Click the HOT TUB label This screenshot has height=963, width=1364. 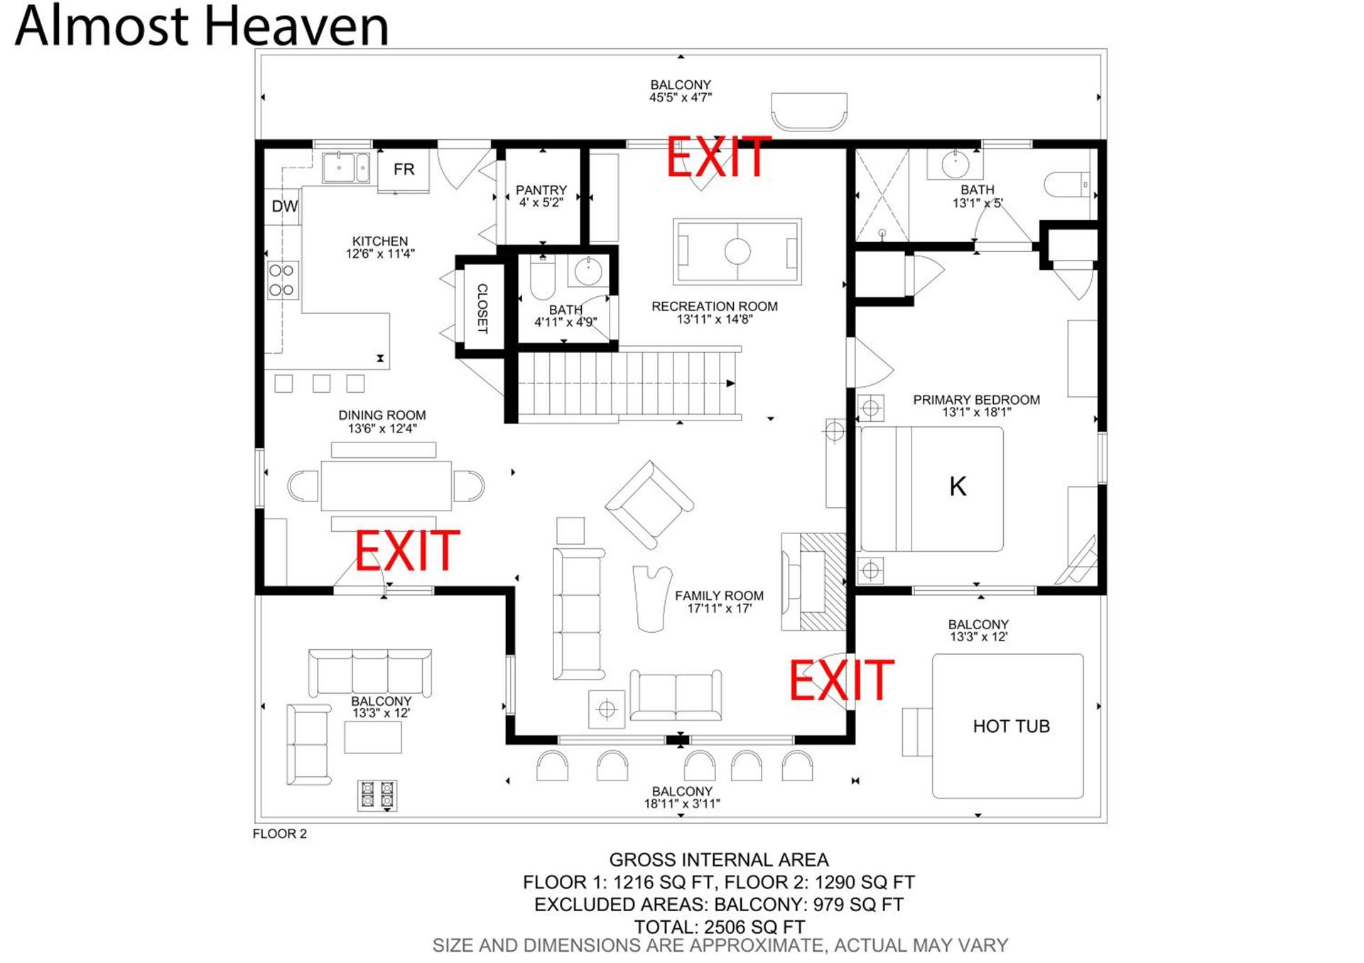(x=1011, y=726)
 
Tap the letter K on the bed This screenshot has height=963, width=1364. (x=958, y=486)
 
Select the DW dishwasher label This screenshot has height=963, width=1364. (x=285, y=207)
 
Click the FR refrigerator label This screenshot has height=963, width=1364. (x=404, y=169)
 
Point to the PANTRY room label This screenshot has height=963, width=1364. (x=541, y=190)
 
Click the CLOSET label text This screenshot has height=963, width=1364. (x=482, y=309)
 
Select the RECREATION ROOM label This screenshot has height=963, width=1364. (x=715, y=306)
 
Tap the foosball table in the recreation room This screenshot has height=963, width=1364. (x=737, y=251)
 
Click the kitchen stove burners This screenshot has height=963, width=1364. (x=282, y=280)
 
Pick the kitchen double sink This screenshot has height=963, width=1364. (x=346, y=168)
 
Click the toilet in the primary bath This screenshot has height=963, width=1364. (x=1066, y=185)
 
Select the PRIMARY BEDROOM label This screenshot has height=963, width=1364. (x=976, y=400)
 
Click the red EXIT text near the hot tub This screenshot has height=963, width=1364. (x=842, y=680)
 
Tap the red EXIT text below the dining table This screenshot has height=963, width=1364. (x=407, y=550)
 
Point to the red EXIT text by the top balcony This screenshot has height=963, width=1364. (x=718, y=157)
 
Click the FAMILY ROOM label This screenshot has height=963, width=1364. (x=719, y=596)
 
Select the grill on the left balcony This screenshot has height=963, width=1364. (x=377, y=795)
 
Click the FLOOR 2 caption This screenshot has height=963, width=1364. (x=280, y=834)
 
